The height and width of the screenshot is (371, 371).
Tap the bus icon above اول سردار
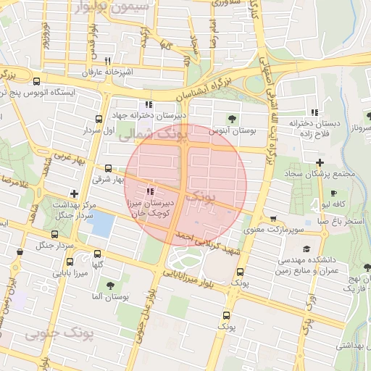click(x=99, y=120)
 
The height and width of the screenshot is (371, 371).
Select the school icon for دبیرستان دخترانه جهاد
click(x=149, y=104)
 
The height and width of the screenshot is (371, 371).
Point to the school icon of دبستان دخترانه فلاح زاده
click(x=314, y=112)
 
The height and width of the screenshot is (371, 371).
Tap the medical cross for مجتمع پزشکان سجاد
click(x=320, y=162)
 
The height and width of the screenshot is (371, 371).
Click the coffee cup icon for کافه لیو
click(x=333, y=193)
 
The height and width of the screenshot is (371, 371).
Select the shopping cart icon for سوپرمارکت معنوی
click(x=272, y=218)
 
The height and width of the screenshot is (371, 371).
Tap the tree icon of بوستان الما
click(x=110, y=285)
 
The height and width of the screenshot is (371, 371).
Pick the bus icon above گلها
click(x=99, y=254)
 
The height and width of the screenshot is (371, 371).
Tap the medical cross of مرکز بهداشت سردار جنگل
click(x=74, y=193)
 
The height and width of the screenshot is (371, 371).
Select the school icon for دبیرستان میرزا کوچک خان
click(x=149, y=192)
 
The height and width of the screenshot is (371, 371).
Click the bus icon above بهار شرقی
click(x=108, y=168)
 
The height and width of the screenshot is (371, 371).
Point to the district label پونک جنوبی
click(x=54, y=334)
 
